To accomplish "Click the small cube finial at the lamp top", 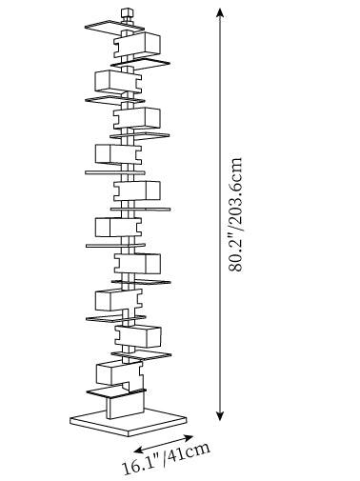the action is tap(127, 14).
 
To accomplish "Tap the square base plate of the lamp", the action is tap(129, 422).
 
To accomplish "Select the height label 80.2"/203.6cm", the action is tap(235, 214).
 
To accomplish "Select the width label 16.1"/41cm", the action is tap(167, 459).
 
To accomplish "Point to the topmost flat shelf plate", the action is tap(114, 28).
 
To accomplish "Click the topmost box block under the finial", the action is tap(137, 45).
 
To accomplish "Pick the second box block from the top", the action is tap(118, 82).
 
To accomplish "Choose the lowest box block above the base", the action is tap(119, 374).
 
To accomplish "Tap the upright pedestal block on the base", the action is tap(125, 406).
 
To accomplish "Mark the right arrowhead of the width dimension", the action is tap(189, 437).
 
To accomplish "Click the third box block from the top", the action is tap(137, 118).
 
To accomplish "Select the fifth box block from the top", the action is tap(137, 190).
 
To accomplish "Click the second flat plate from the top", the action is tap(140, 62).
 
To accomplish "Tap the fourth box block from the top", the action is tap(118, 154).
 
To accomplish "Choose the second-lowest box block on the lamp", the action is tap(138, 336).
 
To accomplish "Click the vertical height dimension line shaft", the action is tap(220, 214).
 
